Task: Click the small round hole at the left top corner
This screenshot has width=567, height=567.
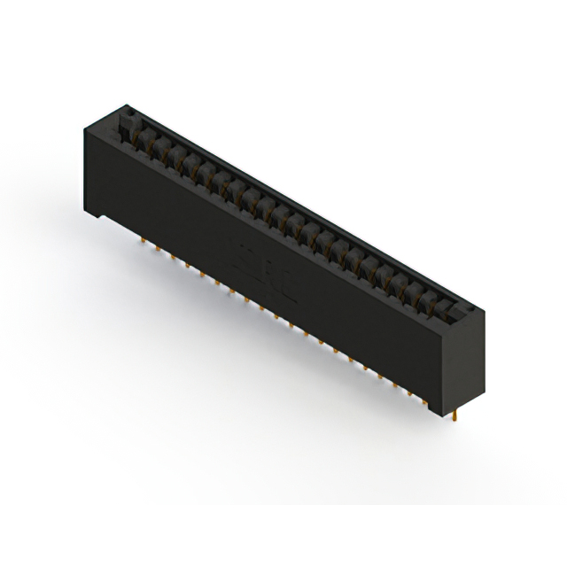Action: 126,113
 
